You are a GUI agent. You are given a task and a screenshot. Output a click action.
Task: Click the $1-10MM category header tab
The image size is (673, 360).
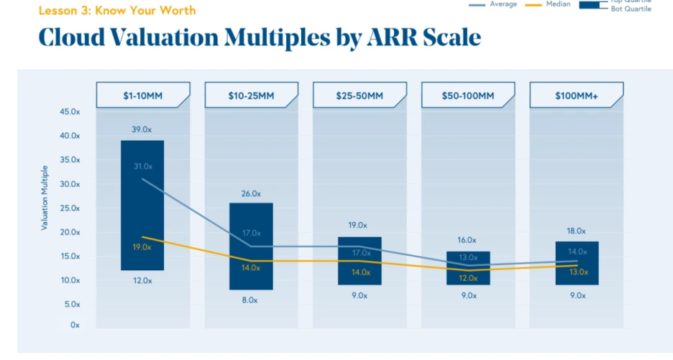(143, 96)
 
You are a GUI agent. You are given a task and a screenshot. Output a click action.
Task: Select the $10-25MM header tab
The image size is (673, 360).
(251, 96)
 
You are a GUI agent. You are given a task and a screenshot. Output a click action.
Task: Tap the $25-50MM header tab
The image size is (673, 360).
(360, 96)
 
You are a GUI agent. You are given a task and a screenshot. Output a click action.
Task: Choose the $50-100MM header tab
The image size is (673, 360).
(467, 96)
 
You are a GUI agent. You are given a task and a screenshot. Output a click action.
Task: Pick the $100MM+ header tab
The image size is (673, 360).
(576, 96)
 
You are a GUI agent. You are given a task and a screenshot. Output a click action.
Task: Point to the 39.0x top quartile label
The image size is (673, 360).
(142, 129)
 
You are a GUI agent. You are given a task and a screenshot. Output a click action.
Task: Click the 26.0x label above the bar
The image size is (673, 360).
(250, 193)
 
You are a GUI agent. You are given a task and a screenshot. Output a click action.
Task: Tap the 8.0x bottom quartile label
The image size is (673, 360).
(250, 300)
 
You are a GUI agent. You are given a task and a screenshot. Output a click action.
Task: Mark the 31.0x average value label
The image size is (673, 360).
(142, 167)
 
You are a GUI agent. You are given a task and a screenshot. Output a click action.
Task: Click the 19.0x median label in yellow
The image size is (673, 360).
(142, 247)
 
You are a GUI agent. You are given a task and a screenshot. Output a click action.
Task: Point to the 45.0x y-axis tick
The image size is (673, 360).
(69, 112)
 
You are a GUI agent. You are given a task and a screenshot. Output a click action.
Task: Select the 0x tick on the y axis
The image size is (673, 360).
(75, 326)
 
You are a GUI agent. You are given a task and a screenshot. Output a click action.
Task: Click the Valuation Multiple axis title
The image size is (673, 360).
(44, 196)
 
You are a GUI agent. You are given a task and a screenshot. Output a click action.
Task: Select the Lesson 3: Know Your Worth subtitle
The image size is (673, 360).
(116, 11)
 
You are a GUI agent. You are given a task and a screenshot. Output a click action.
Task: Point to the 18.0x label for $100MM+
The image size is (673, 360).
(576, 231)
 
